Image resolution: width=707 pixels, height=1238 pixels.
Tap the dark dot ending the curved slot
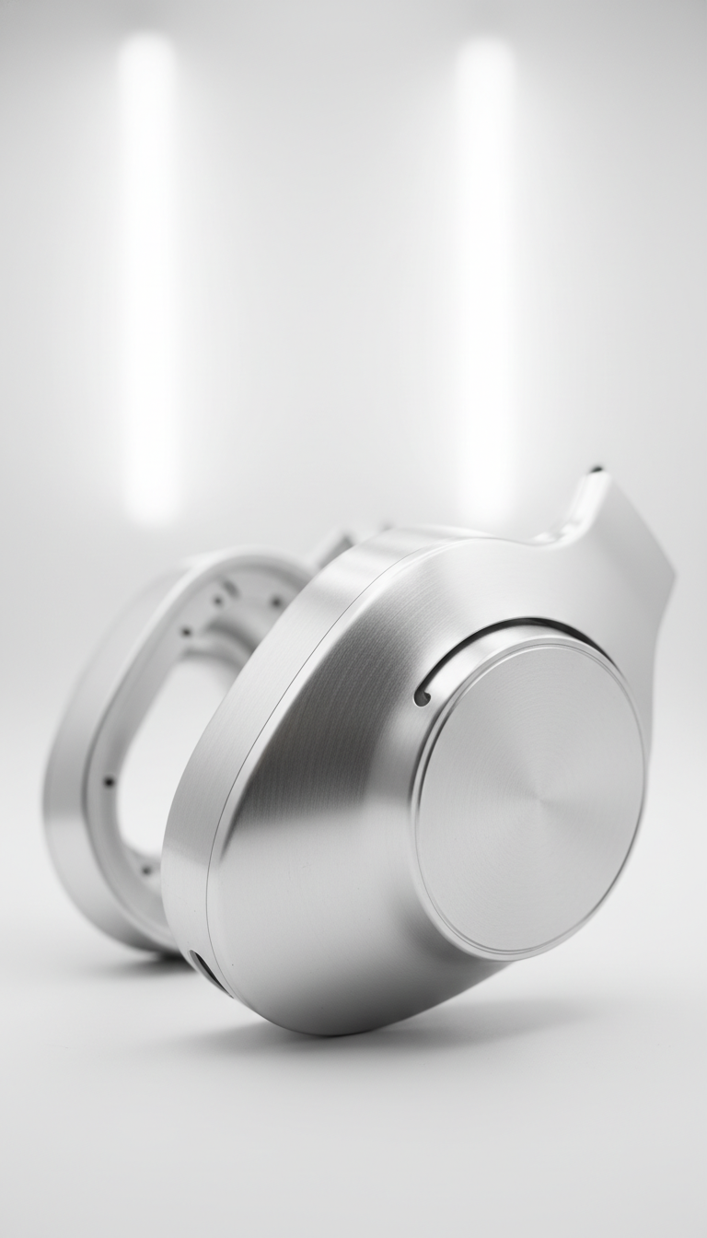coord(422,697)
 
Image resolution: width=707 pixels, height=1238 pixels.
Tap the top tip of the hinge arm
coord(597,471)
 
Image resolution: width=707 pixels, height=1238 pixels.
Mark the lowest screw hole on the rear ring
coord(145,868)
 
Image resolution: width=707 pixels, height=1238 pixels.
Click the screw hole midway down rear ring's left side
coord(109,781)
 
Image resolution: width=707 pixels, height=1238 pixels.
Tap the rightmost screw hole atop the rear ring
coord(277,601)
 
